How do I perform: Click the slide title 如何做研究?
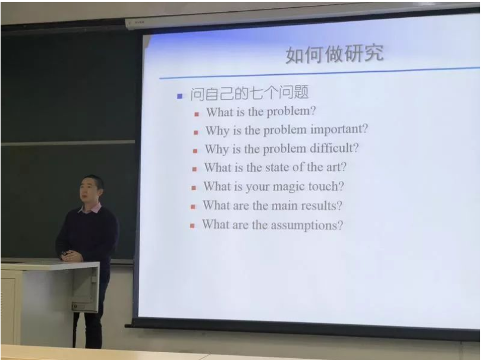coord(335,55)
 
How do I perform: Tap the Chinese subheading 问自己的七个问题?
coord(249,93)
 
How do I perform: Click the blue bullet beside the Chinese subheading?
coord(180,96)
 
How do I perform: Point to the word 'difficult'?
coord(334,148)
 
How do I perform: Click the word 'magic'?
coord(289,187)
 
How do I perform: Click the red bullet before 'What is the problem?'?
coord(197,115)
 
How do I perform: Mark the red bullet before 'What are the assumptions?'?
coord(192,226)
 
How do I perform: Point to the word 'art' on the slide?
coord(336,168)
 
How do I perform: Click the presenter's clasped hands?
coord(71,256)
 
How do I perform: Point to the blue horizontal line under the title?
coord(319,73)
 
